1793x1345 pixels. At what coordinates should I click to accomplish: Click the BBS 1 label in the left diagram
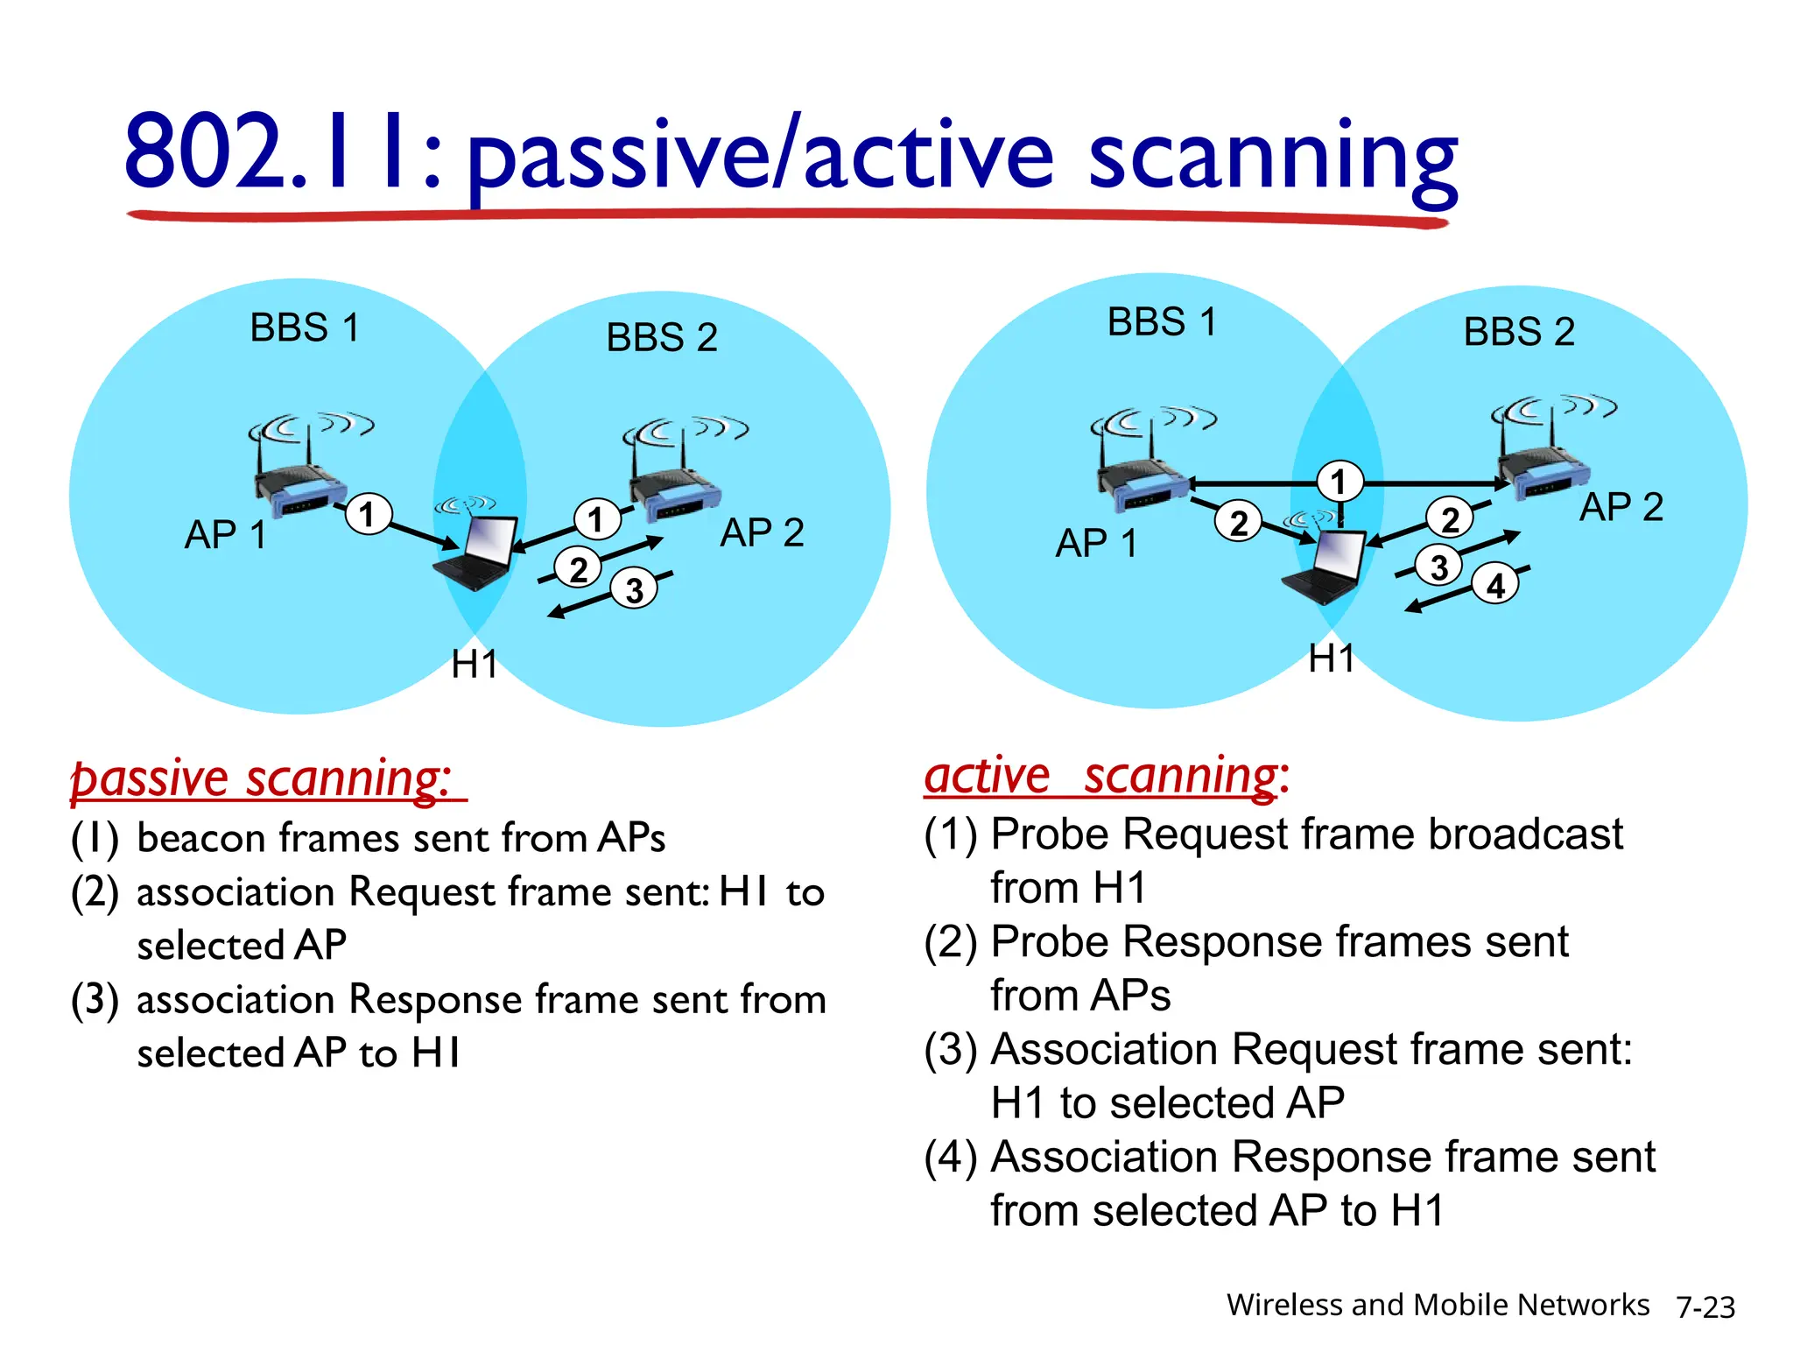click(x=304, y=327)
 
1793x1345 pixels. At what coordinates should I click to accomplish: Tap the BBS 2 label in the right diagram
click(x=1519, y=332)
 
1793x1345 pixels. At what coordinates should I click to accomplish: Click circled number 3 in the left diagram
click(x=634, y=589)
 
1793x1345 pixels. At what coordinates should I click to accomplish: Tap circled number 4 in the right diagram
click(x=1495, y=585)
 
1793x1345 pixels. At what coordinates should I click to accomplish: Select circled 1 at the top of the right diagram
click(x=1339, y=482)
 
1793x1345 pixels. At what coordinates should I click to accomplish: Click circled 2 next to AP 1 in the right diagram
click(x=1238, y=523)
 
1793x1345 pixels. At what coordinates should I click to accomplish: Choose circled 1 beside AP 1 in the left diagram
click(x=368, y=514)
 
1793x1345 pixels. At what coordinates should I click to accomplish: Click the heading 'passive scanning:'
click(x=262, y=778)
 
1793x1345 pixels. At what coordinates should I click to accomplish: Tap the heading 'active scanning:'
click(x=1106, y=776)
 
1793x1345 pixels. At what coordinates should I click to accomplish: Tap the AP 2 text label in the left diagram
click(x=762, y=532)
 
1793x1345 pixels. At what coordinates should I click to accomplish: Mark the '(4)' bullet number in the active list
click(x=951, y=1158)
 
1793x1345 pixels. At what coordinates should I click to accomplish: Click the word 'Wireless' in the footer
click(x=1284, y=1305)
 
